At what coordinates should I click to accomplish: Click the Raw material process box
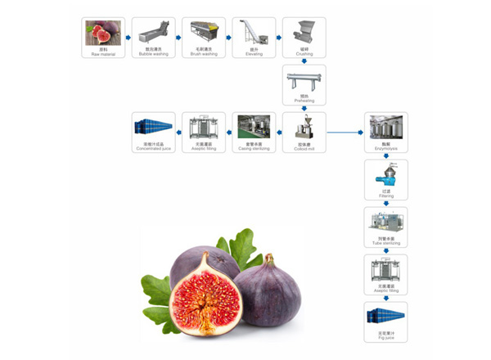coord(103,37)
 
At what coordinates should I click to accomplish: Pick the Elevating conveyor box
coord(254,37)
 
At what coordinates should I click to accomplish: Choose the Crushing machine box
coord(304,37)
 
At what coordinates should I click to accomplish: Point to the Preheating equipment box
coord(304,84)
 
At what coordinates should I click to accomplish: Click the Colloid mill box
coord(304,132)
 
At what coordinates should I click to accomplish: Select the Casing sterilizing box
coord(254,132)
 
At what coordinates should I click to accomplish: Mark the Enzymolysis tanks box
coord(385,132)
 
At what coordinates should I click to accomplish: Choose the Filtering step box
coord(385,179)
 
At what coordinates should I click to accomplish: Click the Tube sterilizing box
coord(385,227)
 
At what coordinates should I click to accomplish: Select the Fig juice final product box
coord(385,322)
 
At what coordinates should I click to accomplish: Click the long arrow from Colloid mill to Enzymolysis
coord(345,132)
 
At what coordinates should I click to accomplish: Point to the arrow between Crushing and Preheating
coord(304,61)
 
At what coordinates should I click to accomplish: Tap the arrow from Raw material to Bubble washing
coord(128,37)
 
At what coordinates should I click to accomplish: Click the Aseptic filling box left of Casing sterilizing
coord(204,132)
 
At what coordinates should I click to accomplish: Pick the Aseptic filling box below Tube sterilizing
coord(385,274)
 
